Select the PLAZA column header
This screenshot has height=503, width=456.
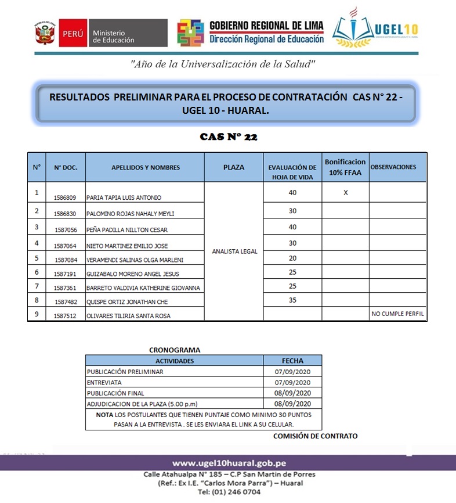click(x=234, y=167)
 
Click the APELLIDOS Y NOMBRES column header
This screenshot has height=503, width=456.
click(x=146, y=167)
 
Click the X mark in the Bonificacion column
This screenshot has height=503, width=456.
click(x=346, y=192)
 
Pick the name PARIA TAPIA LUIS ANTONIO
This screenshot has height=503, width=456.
click(x=124, y=197)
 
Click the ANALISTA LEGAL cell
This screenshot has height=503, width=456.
click(x=234, y=251)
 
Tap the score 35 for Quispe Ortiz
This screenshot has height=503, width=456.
click(x=292, y=301)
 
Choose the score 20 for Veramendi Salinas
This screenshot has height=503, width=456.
click(x=292, y=257)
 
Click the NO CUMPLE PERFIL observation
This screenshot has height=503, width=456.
click(x=397, y=314)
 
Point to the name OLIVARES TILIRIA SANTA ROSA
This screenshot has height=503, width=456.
click(x=128, y=316)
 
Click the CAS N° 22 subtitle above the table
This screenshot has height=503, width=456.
click(x=228, y=137)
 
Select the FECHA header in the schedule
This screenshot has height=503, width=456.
click(x=292, y=361)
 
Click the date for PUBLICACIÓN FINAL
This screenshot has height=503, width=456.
click(x=292, y=393)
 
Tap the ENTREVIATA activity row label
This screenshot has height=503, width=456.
click(x=104, y=382)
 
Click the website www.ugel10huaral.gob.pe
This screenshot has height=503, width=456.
click(x=229, y=464)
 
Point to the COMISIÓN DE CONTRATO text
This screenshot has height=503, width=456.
click(x=316, y=436)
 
